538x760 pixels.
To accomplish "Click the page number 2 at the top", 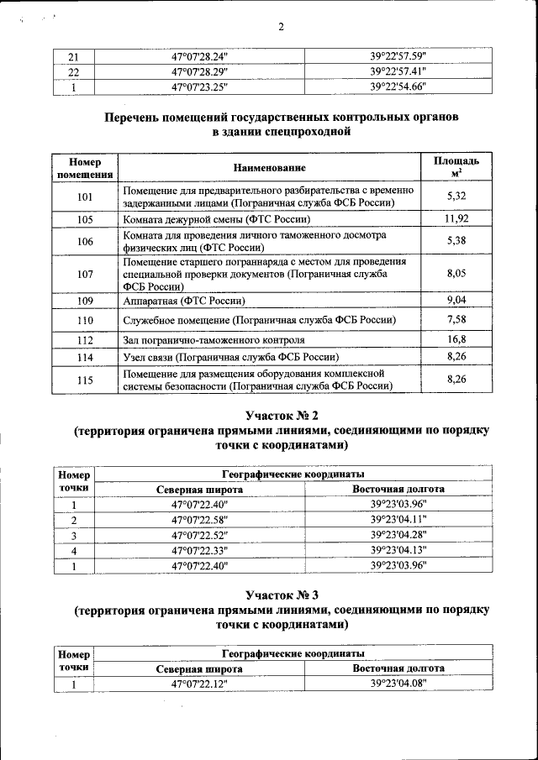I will [282, 27].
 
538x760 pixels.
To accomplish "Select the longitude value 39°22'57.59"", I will [398, 57].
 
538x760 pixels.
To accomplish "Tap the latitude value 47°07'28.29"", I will [199, 71].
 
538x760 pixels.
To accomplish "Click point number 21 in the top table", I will [73, 57].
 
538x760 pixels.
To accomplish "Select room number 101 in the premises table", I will [84, 197].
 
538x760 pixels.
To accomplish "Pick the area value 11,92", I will [456, 219].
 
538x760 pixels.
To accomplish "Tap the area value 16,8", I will [456, 339].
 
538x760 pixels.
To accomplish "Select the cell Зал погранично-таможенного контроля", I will [214, 340].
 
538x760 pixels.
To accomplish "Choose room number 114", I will [84, 357].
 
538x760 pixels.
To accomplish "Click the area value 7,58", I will [456, 320].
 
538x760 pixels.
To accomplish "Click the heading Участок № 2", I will [281, 416].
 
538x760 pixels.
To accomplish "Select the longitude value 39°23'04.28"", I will [398, 536].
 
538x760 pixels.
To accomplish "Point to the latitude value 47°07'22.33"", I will [199, 550].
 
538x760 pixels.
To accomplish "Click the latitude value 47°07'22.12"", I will [199, 684].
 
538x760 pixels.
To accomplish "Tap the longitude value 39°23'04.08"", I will [398, 684].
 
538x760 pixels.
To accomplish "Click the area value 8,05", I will [456, 274].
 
